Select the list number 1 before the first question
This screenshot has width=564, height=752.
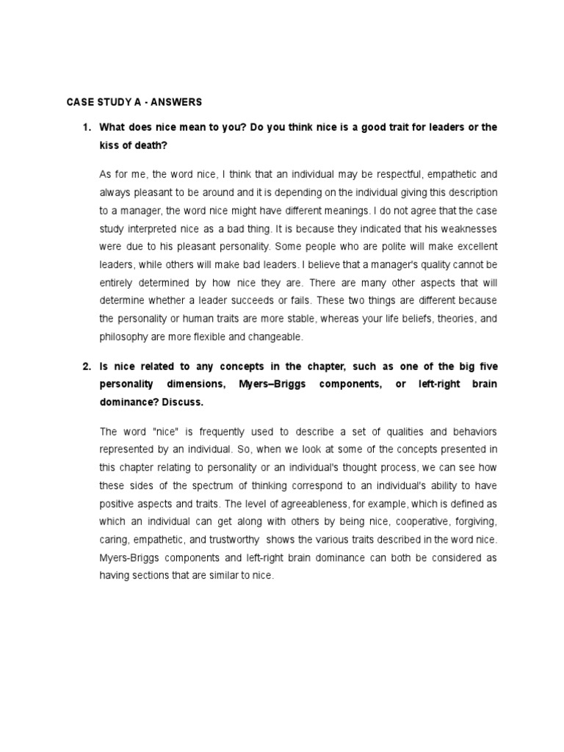pos(86,127)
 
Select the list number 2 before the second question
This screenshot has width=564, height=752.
pos(86,366)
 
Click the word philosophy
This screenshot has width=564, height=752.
pos(124,336)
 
